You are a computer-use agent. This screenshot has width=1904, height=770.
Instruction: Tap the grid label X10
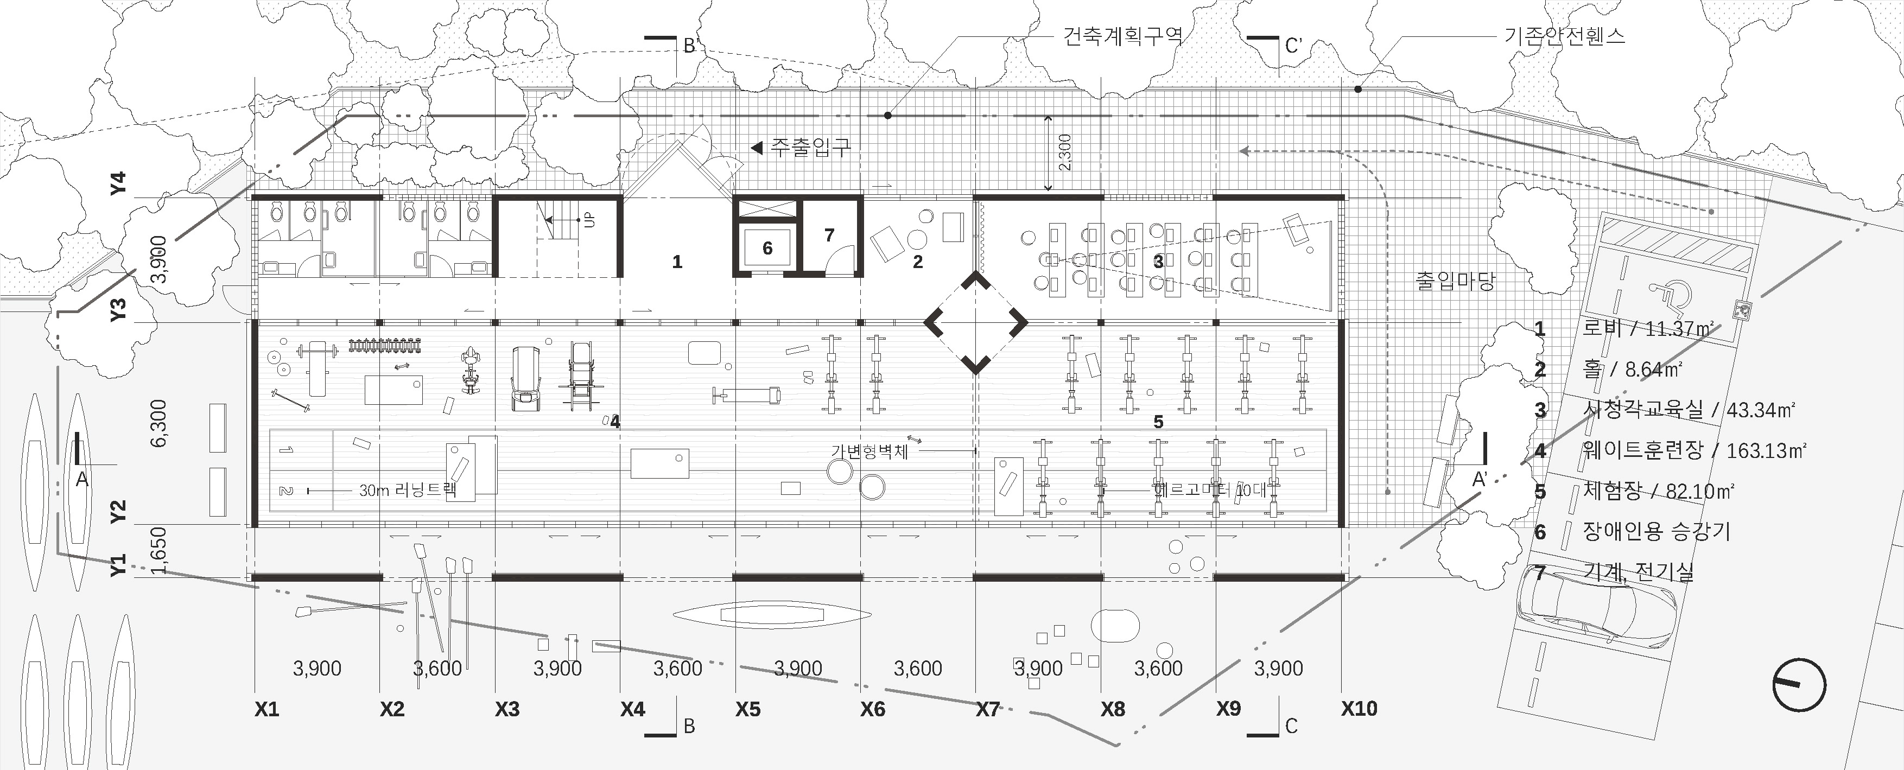tap(1359, 709)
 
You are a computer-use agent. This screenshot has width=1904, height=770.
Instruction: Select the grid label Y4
tap(118, 183)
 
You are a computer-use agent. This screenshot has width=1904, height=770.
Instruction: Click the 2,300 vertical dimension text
tap(1064, 152)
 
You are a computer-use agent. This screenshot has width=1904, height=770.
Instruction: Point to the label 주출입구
tap(810, 147)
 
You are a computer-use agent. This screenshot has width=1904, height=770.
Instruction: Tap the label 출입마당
tap(1455, 281)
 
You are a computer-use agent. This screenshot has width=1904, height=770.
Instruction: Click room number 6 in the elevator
tap(767, 249)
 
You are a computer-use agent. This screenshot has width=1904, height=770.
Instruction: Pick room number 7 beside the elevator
tap(829, 235)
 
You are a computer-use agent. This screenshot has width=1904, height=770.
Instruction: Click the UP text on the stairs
tap(589, 219)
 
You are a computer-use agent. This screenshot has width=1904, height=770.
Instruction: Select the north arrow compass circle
tap(1799, 685)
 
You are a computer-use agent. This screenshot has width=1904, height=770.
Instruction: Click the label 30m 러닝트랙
tap(407, 490)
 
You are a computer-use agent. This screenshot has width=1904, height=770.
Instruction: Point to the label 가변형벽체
tap(869, 451)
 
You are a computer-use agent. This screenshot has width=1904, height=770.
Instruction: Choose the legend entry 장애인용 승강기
tap(1655, 531)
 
